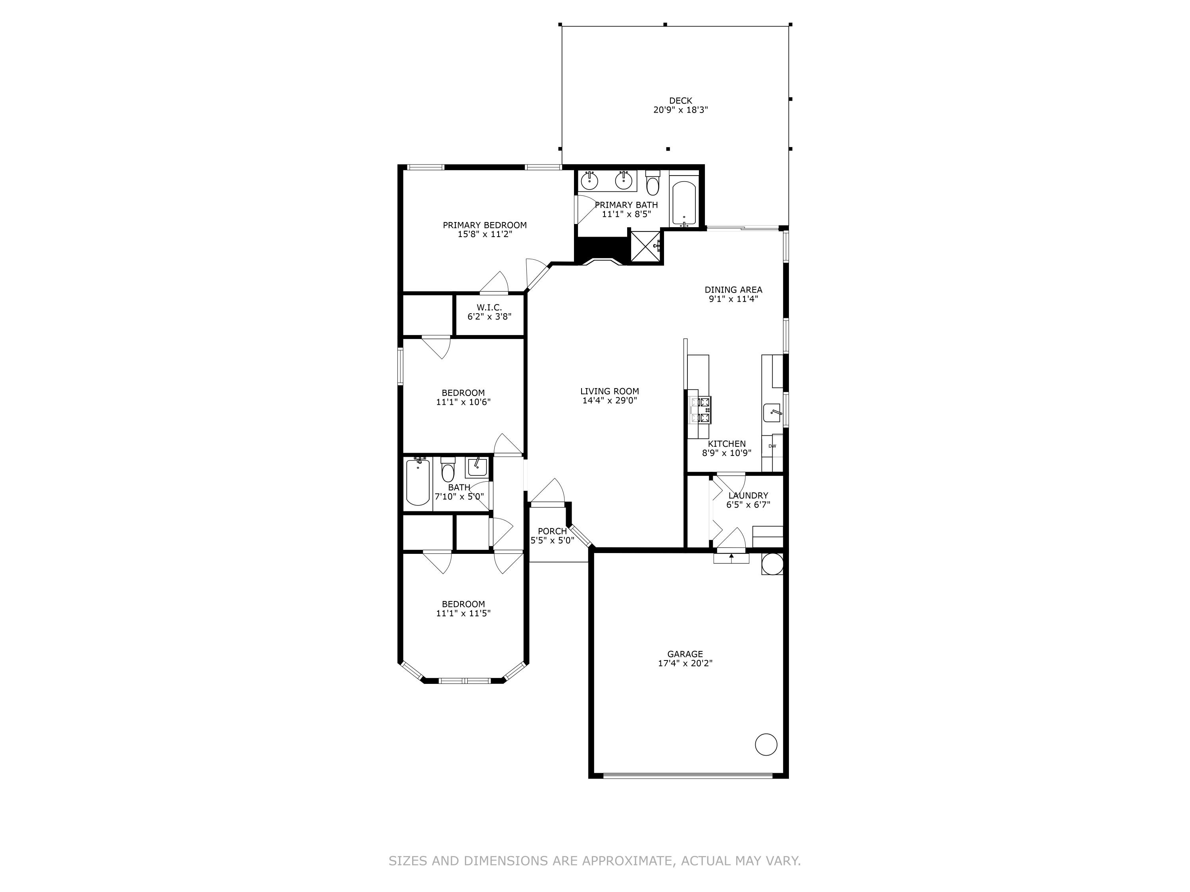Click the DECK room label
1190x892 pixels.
click(x=681, y=101)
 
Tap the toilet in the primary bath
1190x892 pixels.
click(x=653, y=183)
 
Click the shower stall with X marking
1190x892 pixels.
click(x=645, y=247)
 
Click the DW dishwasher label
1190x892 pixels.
click(x=772, y=446)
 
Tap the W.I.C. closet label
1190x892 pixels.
click(x=489, y=308)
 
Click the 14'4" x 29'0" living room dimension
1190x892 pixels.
click(x=610, y=400)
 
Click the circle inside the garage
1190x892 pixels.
click(x=766, y=745)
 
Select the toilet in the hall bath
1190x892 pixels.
click(x=447, y=471)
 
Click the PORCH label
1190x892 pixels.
click(x=552, y=531)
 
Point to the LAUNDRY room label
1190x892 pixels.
click(x=748, y=495)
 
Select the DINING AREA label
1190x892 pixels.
click(x=733, y=290)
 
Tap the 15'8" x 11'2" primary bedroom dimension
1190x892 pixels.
click(x=485, y=234)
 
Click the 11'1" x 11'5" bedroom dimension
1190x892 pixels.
click(x=463, y=613)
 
